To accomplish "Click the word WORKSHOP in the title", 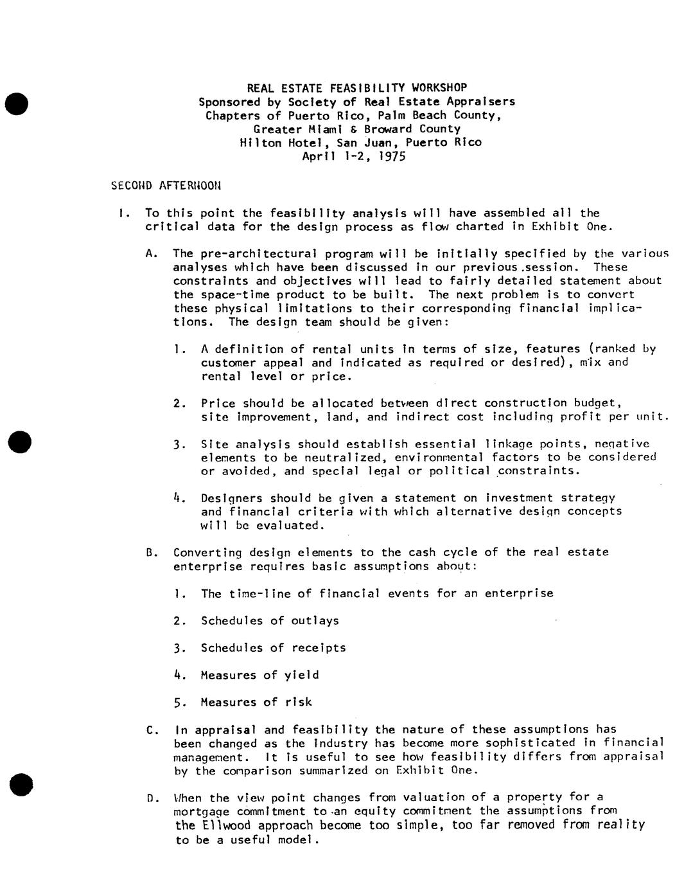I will [439, 87].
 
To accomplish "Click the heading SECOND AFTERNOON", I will [166, 186].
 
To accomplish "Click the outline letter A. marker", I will [152, 253].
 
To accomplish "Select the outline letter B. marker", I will [152, 552].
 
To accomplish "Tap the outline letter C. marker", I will [152, 730].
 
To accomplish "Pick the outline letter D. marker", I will [152, 798].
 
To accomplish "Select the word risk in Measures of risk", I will [298, 702].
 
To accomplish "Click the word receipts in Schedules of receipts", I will [319, 647].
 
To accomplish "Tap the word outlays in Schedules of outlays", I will [315, 620].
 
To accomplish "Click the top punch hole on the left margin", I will [16, 103].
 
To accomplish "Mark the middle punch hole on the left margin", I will [19, 442].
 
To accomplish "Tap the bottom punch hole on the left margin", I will [21, 784].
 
